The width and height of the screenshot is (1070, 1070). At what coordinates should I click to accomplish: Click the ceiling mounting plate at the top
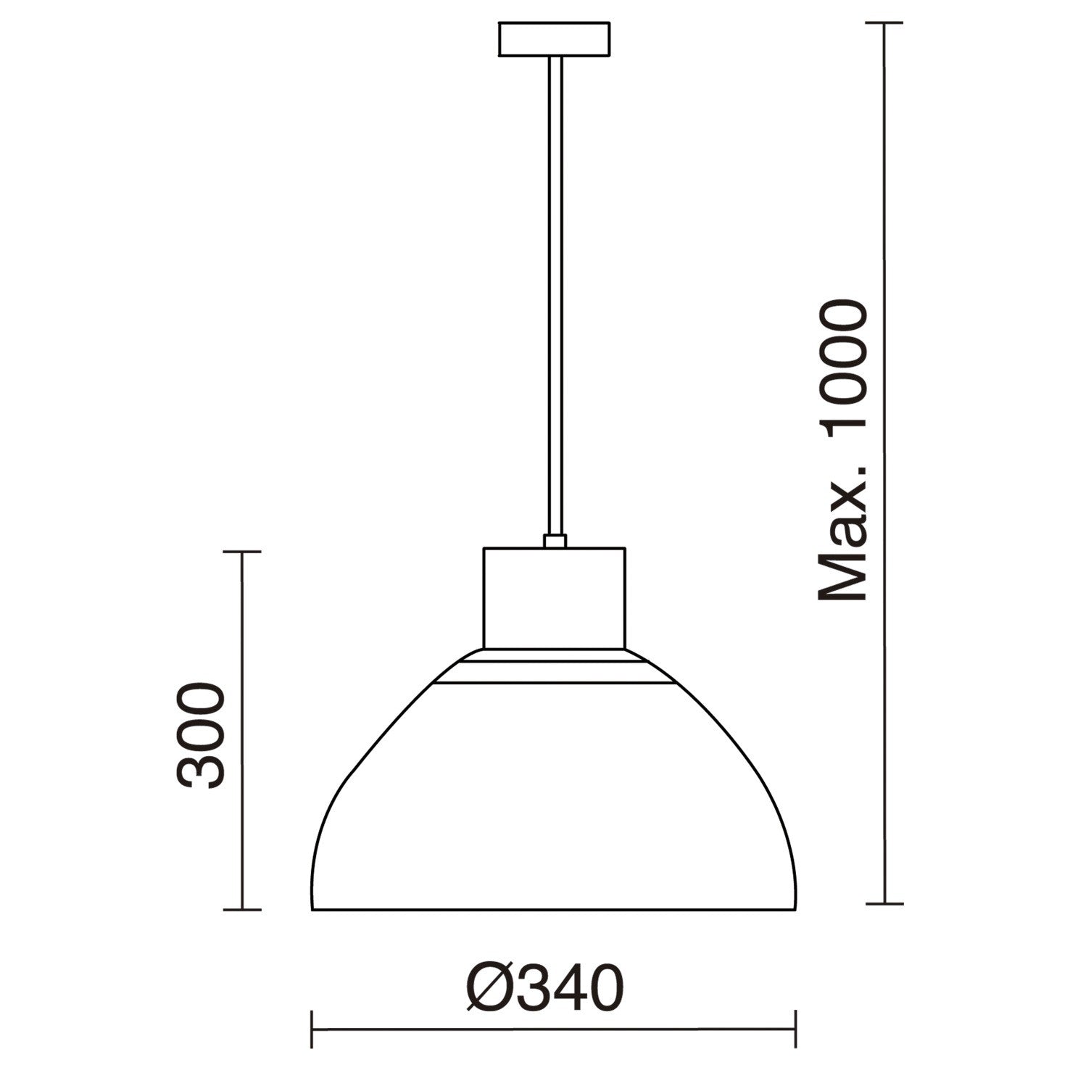point(554,39)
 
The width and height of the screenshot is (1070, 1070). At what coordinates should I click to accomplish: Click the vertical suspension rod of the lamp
point(555,296)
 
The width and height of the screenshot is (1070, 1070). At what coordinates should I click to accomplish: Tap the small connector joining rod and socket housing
point(555,541)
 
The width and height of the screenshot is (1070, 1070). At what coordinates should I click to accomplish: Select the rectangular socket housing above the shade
point(555,597)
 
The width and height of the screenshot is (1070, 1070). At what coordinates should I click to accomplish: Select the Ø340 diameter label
point(544,987)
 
